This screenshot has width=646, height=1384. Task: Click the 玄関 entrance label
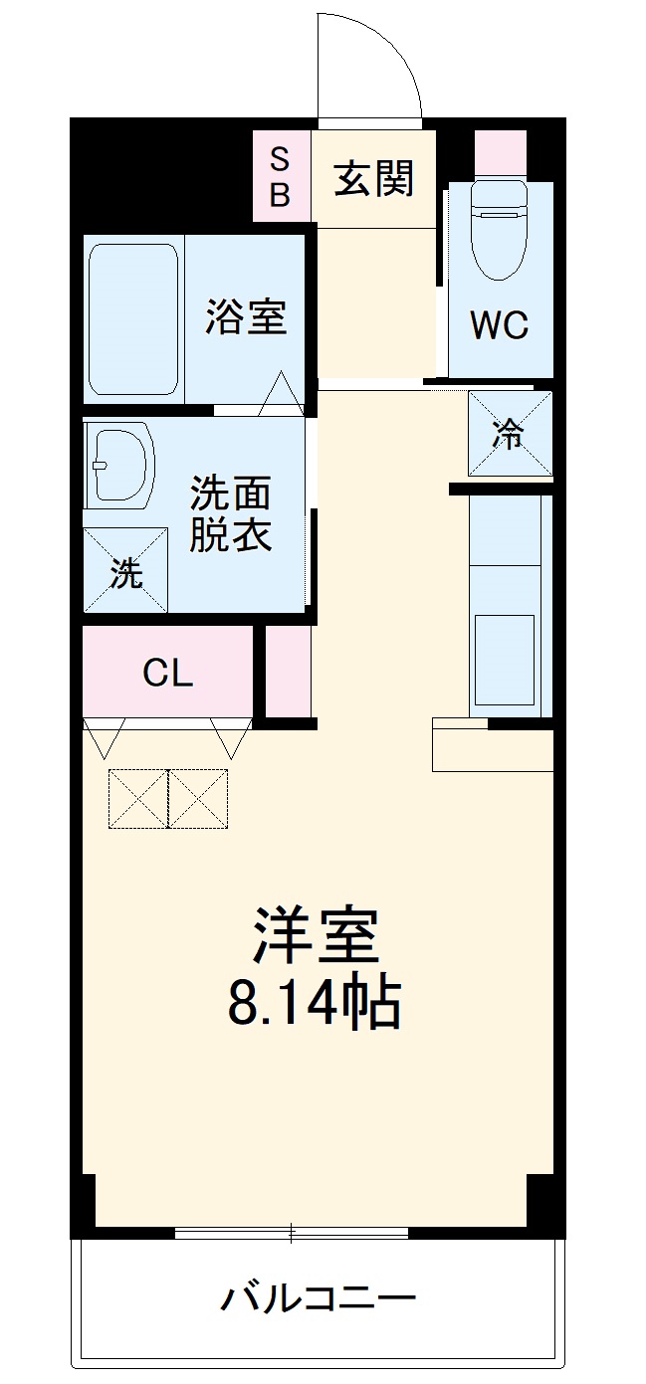(x=373, y=179)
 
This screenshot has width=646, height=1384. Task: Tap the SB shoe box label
(x=281, y=176)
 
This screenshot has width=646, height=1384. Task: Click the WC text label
(x=500, y=324)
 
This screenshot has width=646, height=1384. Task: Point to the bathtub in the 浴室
(x=133, y=318)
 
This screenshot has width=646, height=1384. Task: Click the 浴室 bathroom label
(x=246, y=317)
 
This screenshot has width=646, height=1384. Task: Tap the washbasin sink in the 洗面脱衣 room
(x=120, y=464)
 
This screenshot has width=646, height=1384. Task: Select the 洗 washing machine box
(x=125, y=570)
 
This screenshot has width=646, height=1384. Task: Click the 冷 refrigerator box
(x=510, y=434)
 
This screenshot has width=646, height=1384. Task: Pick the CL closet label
(x=167, y=674)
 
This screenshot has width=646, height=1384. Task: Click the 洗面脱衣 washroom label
(x=231, y=515)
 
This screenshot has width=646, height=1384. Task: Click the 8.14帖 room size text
(x=315, y=1004)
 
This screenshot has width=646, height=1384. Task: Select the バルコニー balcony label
(x=319, y=1298)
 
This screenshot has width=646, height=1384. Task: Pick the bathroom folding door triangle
(x=282, y=393)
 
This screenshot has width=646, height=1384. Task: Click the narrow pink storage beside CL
(x=289, y=672)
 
